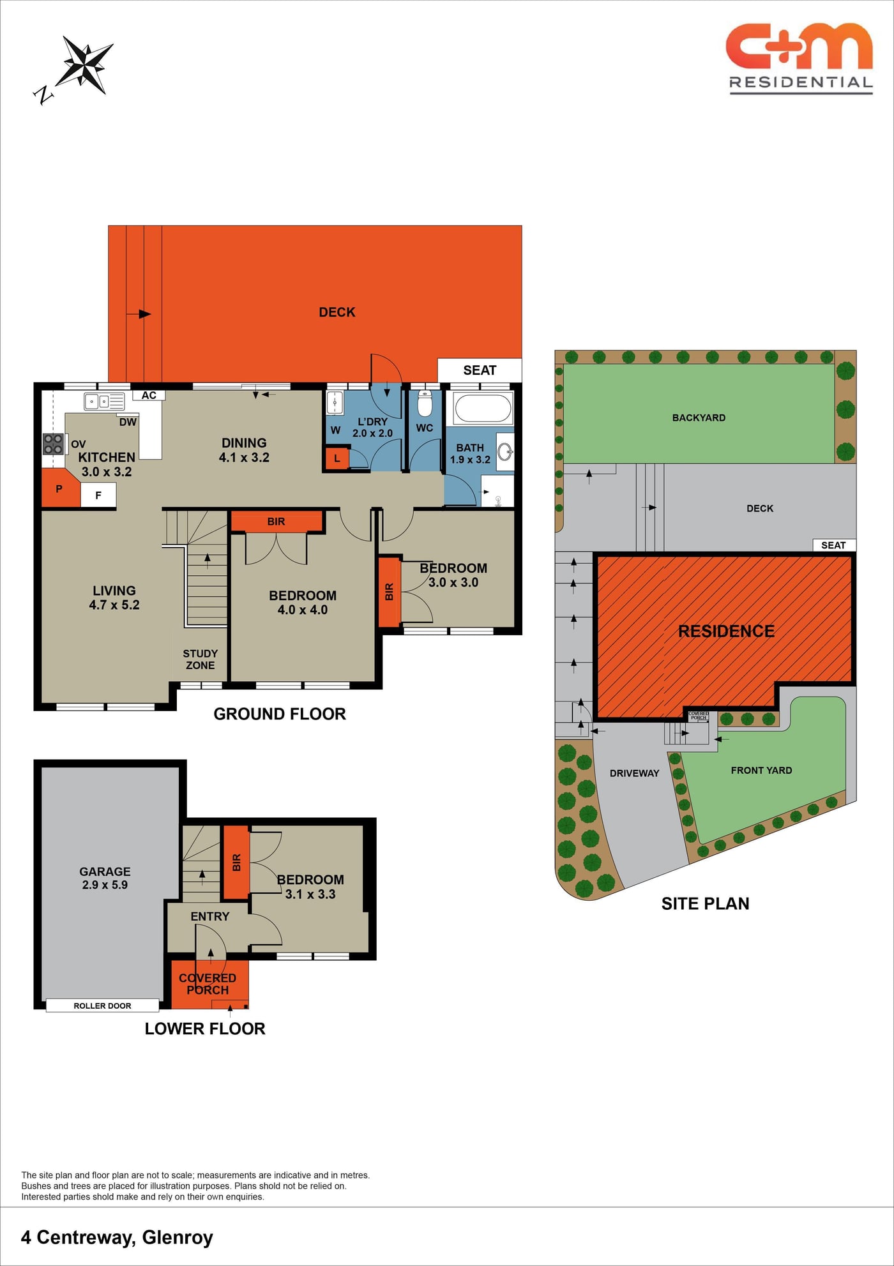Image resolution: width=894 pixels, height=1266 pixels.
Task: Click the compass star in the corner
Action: pos(85,64)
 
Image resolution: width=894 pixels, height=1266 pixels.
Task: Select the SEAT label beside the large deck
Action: pos(480,370)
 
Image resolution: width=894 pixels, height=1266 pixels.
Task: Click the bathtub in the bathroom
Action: pos(483,408)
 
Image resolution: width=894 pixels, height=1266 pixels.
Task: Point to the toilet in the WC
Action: pos(425,403)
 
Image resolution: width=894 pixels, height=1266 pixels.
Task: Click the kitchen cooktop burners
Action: pos(53,444)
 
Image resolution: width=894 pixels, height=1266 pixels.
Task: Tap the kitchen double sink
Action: pos(104,402)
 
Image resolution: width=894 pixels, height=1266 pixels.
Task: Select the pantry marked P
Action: pos(59,488)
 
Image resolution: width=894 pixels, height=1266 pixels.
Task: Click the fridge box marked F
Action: pos(98,495)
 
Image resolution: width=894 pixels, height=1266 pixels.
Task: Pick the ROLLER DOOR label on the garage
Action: pos(102,1006)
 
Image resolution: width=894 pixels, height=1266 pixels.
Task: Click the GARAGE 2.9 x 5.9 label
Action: pos(105,878)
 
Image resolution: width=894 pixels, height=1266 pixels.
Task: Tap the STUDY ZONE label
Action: pos(201,659)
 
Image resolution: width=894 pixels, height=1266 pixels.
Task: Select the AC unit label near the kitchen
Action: pos(149,395)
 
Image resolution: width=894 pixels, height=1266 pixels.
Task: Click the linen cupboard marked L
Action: pos(337,458)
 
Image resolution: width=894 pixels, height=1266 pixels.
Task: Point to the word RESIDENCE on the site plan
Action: pos(726,631)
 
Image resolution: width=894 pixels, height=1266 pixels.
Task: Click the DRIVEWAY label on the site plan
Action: pos(634,773)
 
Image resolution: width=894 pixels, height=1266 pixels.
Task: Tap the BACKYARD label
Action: pos(699,418)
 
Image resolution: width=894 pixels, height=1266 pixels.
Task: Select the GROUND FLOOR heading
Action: pos(280,714)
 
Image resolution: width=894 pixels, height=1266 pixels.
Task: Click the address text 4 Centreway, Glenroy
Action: pos(117,1237)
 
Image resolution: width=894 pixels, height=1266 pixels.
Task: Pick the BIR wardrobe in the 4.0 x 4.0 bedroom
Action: pos(277,521)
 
